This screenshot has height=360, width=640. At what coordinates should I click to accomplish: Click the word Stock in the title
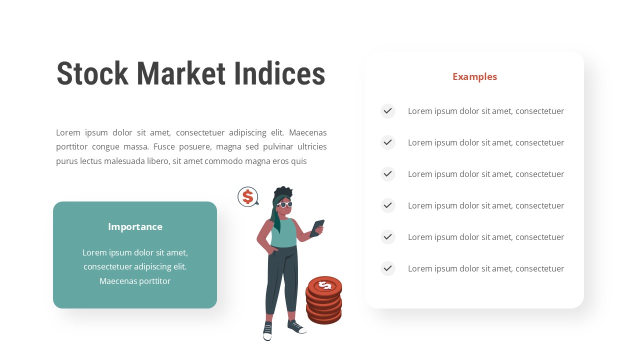coord(92,74)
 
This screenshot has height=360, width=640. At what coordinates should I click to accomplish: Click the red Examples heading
coord(474,76)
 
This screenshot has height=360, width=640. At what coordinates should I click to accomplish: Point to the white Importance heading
coord(135,226)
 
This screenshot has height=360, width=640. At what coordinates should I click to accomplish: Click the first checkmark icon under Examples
coord(387,111)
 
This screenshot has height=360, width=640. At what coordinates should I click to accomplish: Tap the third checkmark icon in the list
coord(387,174)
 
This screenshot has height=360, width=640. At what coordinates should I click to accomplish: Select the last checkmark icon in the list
coord(387,268)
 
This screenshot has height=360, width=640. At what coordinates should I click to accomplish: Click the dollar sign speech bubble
coord(247,196)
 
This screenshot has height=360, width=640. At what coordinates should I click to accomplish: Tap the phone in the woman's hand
coord(317,227)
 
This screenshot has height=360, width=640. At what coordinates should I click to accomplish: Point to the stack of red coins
coord(324,300)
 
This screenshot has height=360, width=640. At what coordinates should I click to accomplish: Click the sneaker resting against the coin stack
coord(296,326)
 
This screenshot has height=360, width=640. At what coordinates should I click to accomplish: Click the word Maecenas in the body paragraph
coord(307,132)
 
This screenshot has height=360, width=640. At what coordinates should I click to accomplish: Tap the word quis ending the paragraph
coord(298,161)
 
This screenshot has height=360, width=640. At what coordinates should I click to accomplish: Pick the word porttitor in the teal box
coord(153,281)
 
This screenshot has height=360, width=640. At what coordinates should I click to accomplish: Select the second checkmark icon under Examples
coord(387,142)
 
